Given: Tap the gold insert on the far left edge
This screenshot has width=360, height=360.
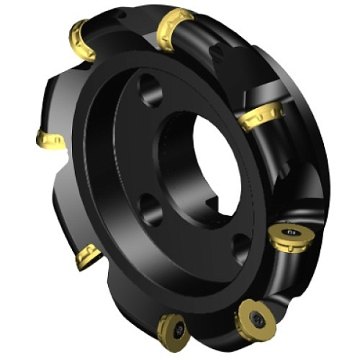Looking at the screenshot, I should pos(51,140).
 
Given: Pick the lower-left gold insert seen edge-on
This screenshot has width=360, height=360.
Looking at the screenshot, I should pos(88,256).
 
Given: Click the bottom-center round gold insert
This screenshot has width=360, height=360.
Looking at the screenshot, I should pos(173,328).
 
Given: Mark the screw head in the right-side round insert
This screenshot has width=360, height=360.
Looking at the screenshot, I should pos(293,234).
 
